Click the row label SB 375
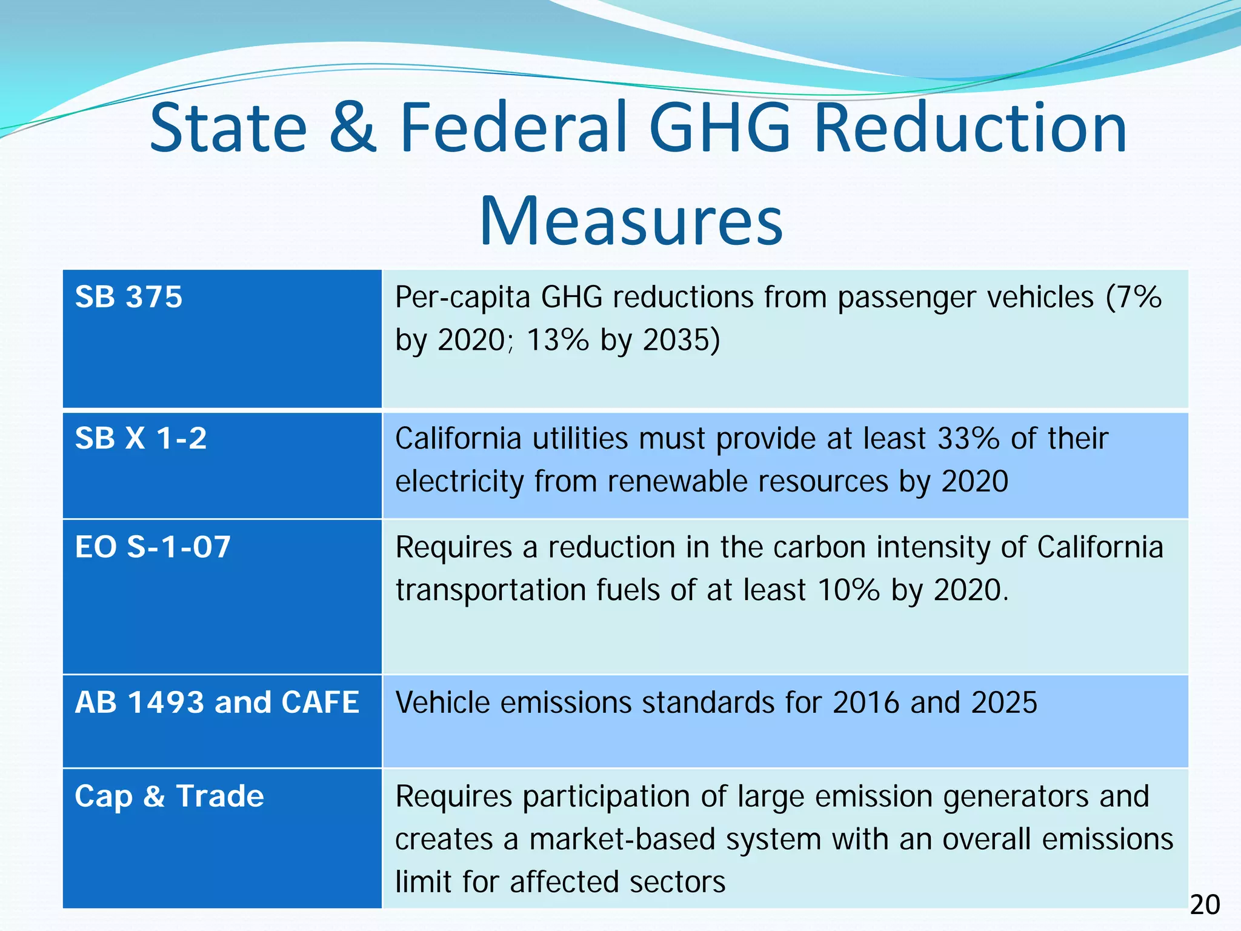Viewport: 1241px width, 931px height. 128,297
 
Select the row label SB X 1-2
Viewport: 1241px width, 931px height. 141,438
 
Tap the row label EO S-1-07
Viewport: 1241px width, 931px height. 153,547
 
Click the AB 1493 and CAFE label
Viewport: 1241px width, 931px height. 217,702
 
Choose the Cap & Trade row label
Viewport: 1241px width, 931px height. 169,796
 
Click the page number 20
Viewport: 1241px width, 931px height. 1205,906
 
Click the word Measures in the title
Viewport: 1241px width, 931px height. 631,221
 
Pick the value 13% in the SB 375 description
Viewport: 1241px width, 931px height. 557,339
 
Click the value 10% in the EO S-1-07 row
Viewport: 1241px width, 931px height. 848,590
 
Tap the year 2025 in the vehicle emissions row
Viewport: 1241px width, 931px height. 1004,702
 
